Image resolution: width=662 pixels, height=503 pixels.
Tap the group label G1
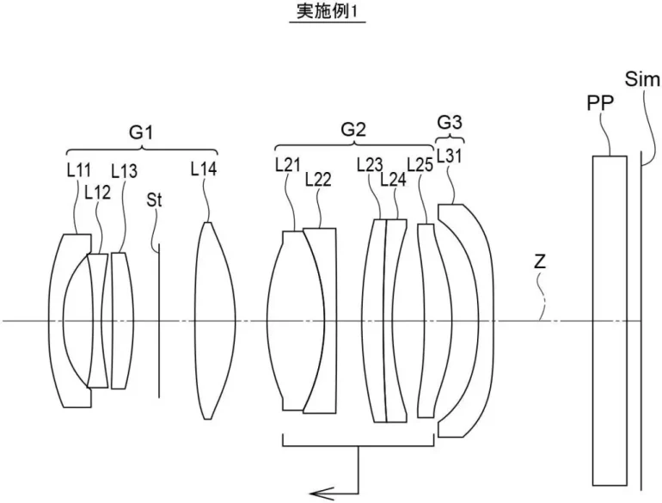point(141,133)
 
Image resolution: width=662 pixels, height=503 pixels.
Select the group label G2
point(353,130)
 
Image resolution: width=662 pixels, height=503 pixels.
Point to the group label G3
point(449,120)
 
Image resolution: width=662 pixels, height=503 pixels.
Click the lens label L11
point(78,170)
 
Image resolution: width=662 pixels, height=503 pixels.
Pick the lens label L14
point(203,169)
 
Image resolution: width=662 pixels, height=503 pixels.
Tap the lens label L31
point(450,156)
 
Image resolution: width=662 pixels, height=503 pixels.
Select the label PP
point(599,104)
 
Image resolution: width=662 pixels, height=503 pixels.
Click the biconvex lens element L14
point(206,321)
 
